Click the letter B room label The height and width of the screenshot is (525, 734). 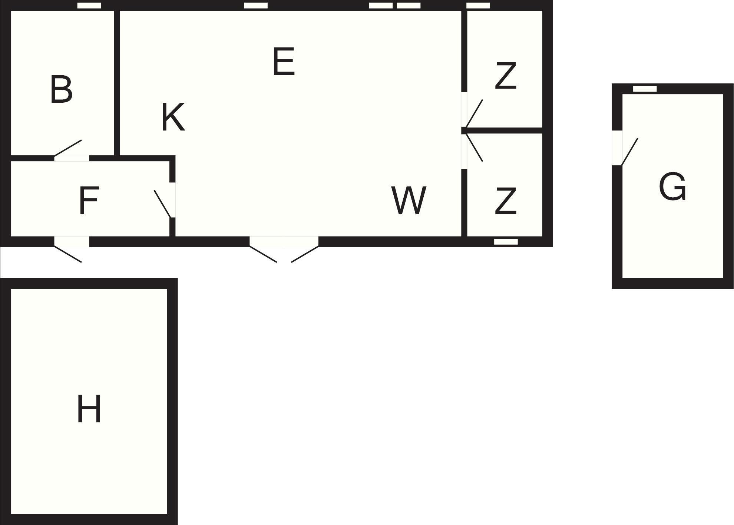[x=61, y=89]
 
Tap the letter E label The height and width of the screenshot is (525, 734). [x=284, y=61]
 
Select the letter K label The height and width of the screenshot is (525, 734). [x=173, y=117]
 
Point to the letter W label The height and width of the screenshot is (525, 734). [x=409, y=200]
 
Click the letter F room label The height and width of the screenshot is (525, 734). [x=89, y=201]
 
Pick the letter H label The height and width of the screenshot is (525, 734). [x=89, y=409]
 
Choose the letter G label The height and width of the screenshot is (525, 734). [x=672, y=186]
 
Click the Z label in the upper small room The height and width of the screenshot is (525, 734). [x=506, y=76]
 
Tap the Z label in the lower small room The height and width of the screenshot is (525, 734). [x=506, y=201]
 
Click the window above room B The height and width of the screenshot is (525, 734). [x=89, y=6]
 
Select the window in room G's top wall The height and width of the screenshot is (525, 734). [x=645, y=89]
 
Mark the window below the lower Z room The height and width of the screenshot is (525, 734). [x=506, y=242]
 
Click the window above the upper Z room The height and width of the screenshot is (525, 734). [x=478, y=6]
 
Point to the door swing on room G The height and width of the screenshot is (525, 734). [x=629, y=152]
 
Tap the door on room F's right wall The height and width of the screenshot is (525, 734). [x=163, y=204]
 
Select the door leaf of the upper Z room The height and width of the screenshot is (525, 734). [x=474, y=113]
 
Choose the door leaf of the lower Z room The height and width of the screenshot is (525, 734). [x=474, y=147]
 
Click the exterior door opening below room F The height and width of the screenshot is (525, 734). [x=72, y=242]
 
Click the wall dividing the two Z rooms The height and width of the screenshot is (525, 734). [x=502, y=131]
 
